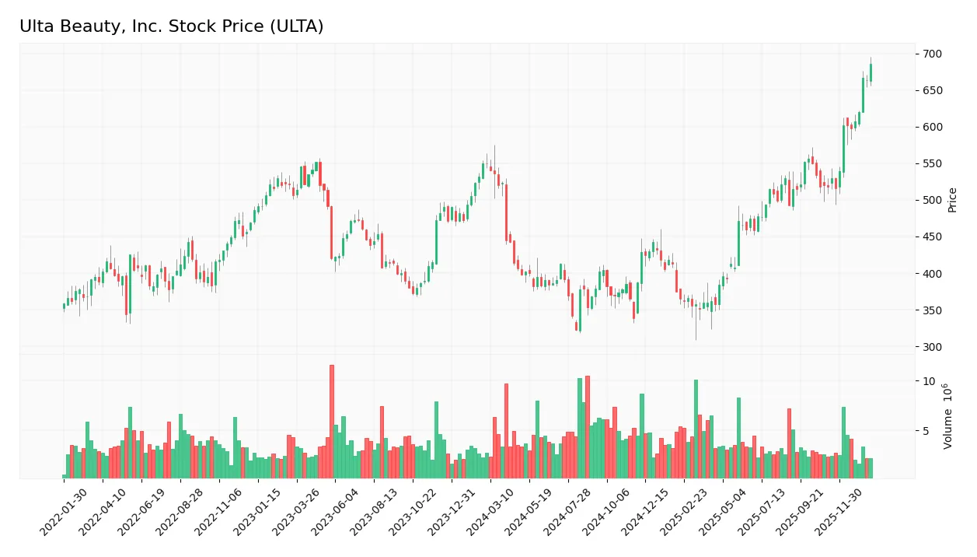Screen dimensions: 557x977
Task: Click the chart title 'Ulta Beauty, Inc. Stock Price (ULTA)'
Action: pyautogui.click(x=171, y=26)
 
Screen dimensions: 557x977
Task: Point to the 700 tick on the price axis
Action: pyautogui.click(x=932, y=54)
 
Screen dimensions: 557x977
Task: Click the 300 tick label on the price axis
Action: pyautogui.click(x=932, y=347)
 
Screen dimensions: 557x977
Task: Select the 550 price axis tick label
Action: pyautogui.click(x=932, y=164)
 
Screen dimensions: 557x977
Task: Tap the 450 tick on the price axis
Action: pyautogui.click(x=932, y=237)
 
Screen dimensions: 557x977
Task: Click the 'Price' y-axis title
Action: pyautogui.click(x=952, y=200)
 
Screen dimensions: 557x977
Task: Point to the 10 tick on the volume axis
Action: pyautogui.click(x=929, y=381)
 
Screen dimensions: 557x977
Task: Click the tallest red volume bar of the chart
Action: pyautogui.click(x=332, y=421)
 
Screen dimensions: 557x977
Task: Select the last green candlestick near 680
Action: pyautogui.click(x=871, y=72)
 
